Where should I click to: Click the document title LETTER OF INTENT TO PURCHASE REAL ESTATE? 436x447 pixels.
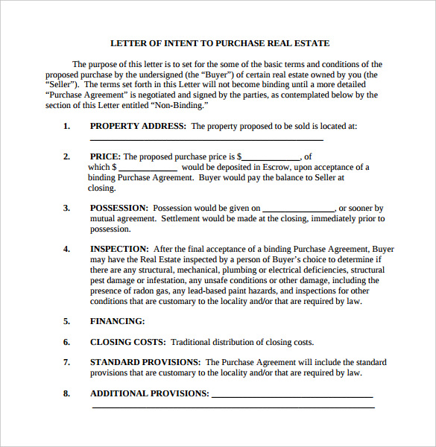tap(220, 43)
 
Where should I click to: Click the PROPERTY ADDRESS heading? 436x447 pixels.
tap(138, 126)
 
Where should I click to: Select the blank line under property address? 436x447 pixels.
tap(206, 139)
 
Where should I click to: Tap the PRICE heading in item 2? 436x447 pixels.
tap(105, 156)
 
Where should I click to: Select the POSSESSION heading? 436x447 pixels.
tap(119, 208)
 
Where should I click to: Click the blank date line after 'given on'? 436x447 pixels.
tap(298, 209)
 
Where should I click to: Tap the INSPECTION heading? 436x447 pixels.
tap(119, 249)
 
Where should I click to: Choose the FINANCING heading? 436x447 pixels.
tap(117, 321)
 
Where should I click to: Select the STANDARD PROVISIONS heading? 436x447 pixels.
tap(145, 362)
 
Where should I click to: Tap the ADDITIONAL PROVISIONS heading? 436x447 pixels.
tap(149, 393)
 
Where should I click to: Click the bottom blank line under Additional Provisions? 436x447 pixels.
tap(233, 407)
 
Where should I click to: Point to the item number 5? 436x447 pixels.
tap(66, 321)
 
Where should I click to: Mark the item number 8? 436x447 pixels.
tap(66, 393)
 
